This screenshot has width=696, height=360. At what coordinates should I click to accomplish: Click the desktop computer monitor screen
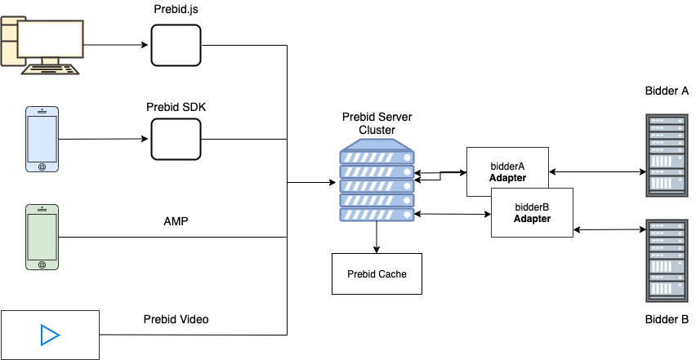(51, 38)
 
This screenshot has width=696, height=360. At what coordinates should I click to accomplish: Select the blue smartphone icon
(42, 139)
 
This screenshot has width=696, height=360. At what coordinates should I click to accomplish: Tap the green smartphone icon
(42, 237)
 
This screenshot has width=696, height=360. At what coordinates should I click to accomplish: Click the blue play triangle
(50, 335)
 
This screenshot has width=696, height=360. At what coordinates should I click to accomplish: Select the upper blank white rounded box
(176, 45)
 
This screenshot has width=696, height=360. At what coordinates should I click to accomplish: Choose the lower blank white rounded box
(176, 139)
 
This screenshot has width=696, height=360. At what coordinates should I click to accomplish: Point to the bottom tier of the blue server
(377, 214)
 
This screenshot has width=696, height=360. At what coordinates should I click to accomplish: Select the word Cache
(392, 274)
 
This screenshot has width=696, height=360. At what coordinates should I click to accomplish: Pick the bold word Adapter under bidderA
(507, 178)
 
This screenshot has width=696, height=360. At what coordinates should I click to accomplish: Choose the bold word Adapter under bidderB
(532, 219)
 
